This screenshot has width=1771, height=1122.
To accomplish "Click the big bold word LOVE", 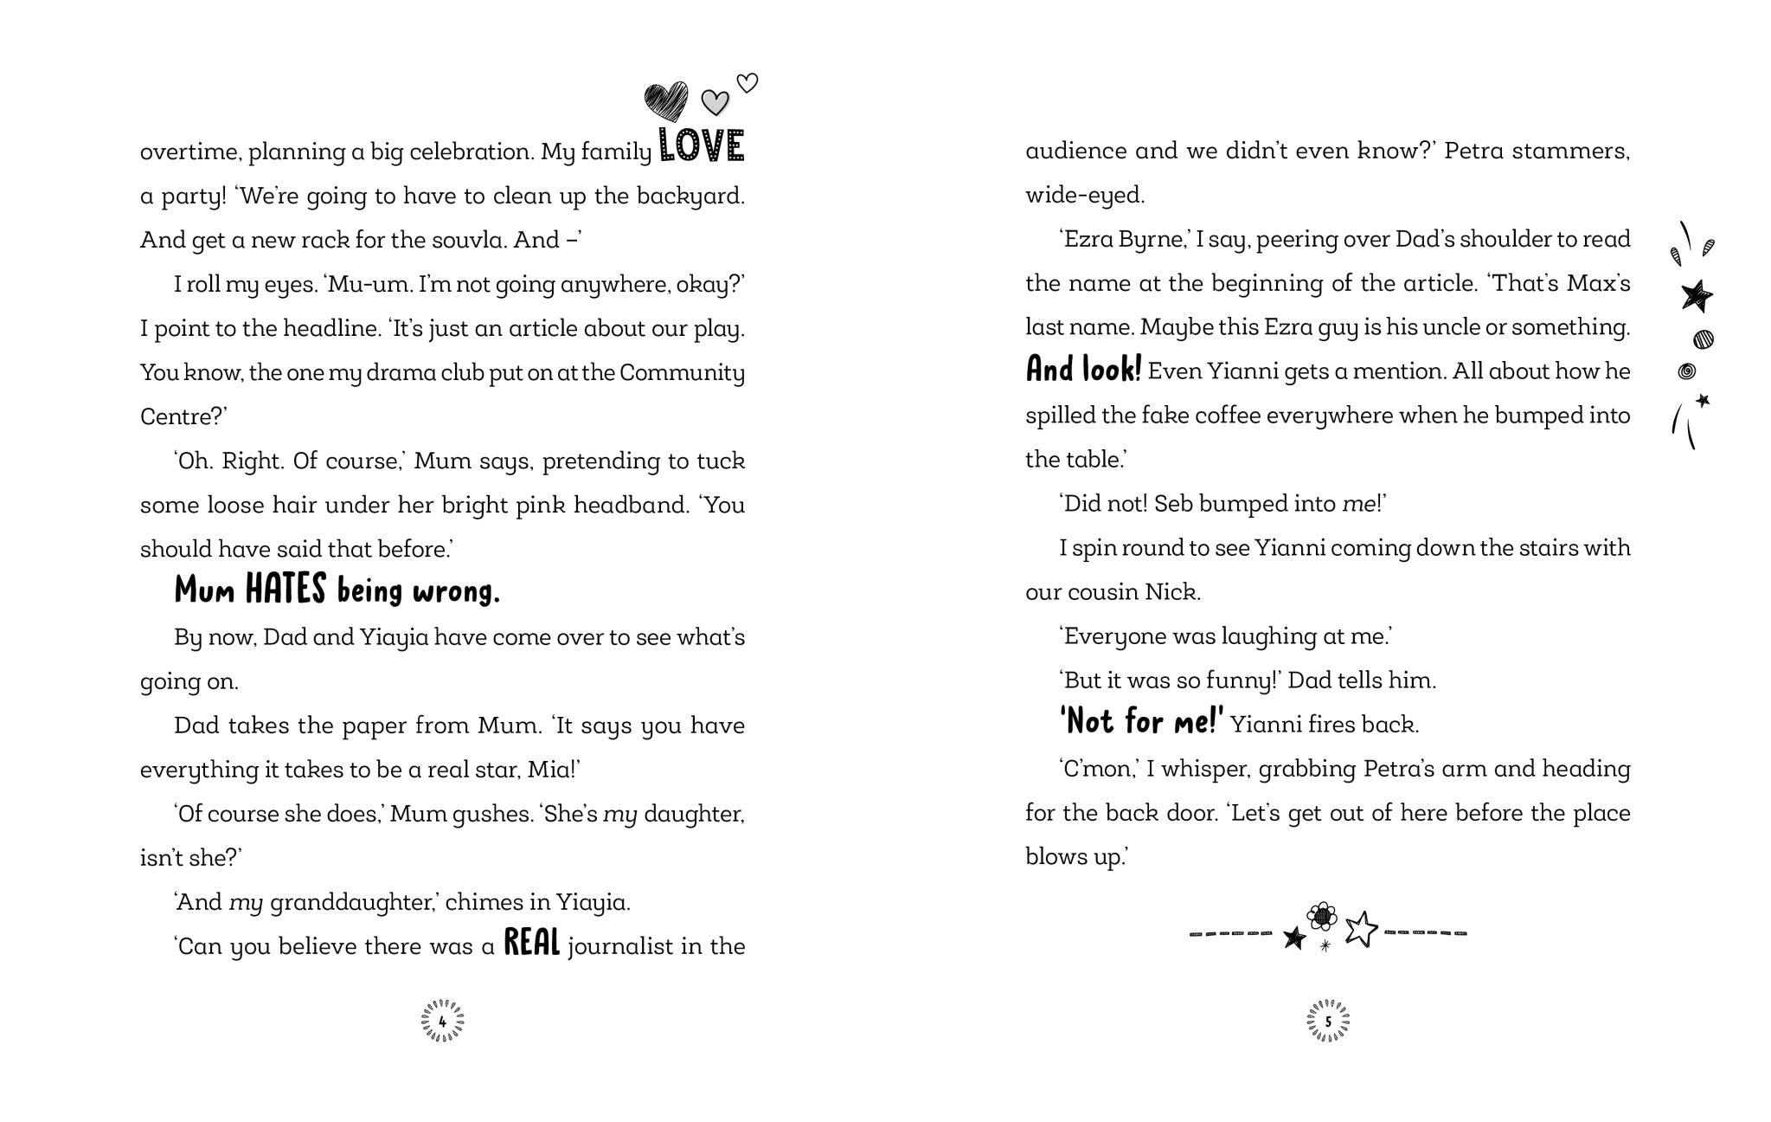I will click(702, 146).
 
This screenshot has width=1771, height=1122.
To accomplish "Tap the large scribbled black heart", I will click(666, 101).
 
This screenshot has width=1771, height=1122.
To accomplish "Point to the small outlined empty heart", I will click(748, 83).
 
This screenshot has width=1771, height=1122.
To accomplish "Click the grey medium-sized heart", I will click(715, 103).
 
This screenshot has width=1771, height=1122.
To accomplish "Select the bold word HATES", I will click(286, 590).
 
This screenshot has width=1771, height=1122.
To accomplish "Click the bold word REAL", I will click(532, 943).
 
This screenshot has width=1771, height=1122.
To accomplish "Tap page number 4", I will click(442, 1022).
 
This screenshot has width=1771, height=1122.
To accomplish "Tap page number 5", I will click(1328, 1022).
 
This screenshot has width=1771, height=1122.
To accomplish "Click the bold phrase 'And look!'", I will click(1083, 370).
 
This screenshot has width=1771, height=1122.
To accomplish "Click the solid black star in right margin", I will click(1697, 296).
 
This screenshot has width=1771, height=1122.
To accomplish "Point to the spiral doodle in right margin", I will click(1686, 371).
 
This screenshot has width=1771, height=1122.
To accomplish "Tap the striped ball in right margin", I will click(1704, 339).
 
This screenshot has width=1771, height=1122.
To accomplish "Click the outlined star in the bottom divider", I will click(1361, 929).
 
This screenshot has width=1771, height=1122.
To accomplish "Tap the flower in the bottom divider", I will click(1322, 916).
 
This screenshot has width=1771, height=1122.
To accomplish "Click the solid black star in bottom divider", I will click(1294, 938).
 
